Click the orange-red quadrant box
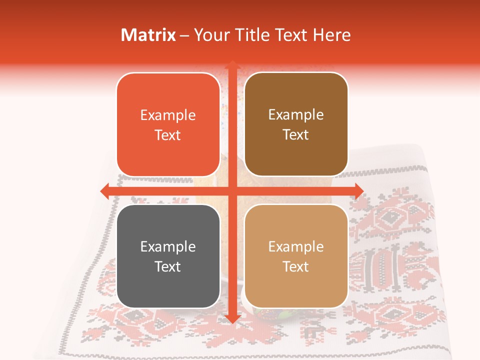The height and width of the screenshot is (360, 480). click(x=168, y=125)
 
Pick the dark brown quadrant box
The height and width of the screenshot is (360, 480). click(x=296, y=124)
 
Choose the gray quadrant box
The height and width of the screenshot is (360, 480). click(x=168, y=256)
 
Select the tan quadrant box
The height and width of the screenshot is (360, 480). click(x=296, y=256)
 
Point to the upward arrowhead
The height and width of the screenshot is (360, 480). click(x=232, y=65)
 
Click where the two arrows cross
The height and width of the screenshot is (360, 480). click(x=232, y=190)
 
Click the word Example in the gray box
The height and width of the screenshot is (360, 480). click(x=168, y=246)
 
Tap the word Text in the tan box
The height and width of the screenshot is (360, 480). click(x=296, y=266)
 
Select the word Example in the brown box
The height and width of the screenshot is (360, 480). click(x=296, y=115)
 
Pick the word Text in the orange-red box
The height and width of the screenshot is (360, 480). click(x=168, y=135)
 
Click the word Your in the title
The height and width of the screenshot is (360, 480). click(x=210, y=35)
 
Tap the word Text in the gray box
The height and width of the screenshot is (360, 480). click(x=168, y=266)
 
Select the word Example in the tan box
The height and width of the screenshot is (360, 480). click(x=296, y=246)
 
